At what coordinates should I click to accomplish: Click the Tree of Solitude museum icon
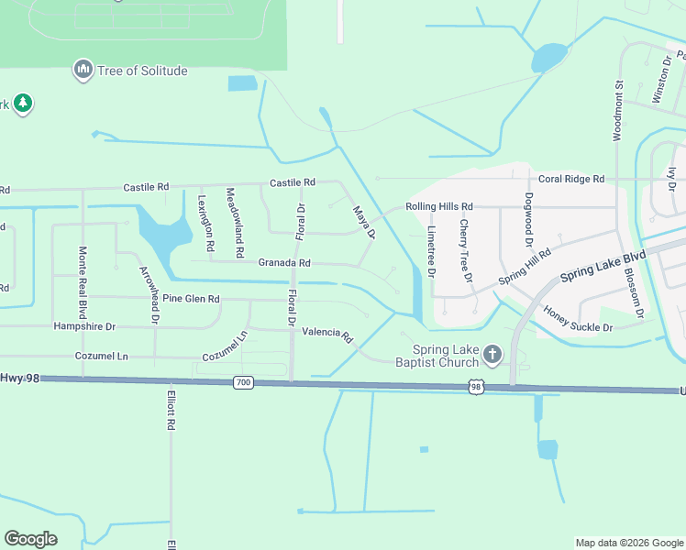(83, 70)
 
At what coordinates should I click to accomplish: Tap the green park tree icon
(23, 104)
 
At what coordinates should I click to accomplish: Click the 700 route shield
(242, 382)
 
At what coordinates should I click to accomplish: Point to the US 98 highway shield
(475, 388)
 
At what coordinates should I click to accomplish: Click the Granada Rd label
(283, 263)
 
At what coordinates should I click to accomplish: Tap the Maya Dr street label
(365, 223)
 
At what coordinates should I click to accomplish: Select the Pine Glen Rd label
(191, 299)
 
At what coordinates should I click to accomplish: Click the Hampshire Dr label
(85, 326)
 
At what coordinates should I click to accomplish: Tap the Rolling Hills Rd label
(439, 207)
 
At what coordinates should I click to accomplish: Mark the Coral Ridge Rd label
(570, 179)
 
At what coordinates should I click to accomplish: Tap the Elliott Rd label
(171, 412)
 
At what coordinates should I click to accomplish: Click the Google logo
(30, 539)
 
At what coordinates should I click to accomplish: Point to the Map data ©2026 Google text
(628, 543)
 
